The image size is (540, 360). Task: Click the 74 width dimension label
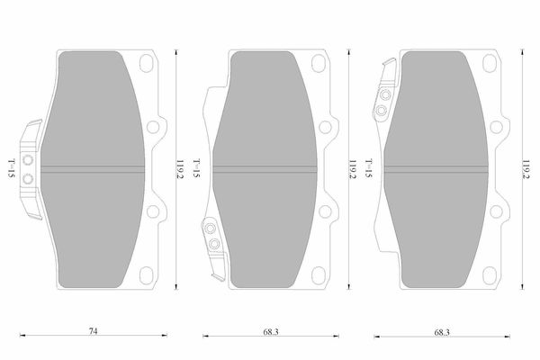click(93, 331)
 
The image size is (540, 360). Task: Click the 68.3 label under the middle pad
click(271, 332)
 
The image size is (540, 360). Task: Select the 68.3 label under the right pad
click(442, 333)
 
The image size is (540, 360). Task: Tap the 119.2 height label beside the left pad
click(180, 169)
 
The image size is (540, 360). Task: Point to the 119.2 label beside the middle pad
click(353, 169)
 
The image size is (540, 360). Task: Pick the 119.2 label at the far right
click(526, 169)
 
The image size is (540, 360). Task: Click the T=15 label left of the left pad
click(12, 168)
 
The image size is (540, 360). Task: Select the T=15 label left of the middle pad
click(196, 168)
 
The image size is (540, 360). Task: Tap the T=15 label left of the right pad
click(369, 168)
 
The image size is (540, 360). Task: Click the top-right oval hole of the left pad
click(147, 63)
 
